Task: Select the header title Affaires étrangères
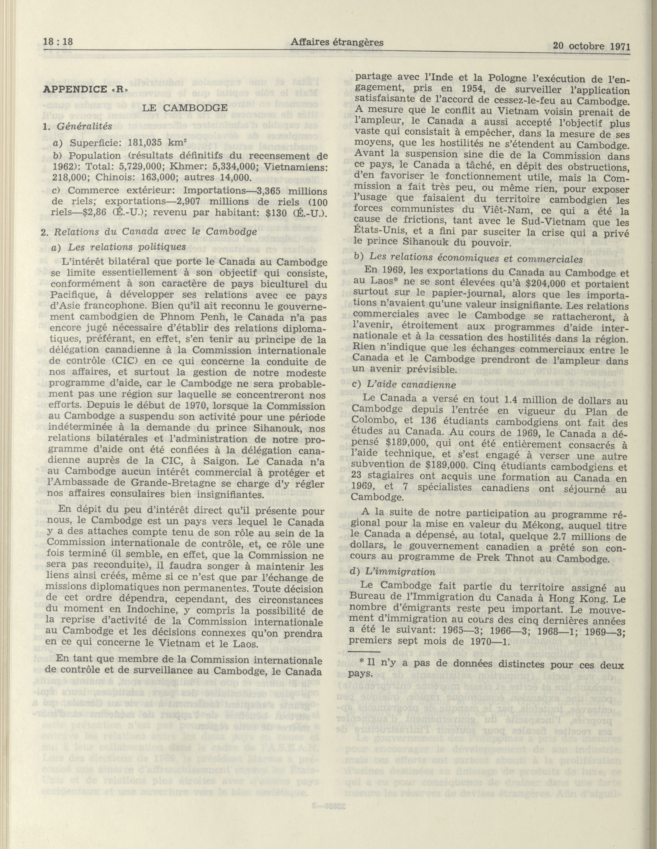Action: coord(336,42)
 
